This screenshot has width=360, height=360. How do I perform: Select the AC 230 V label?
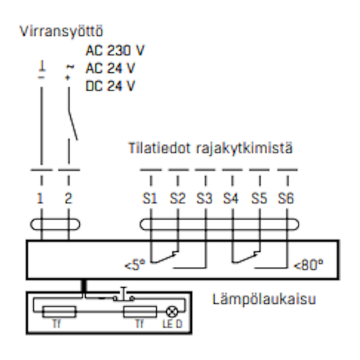click(115, 51)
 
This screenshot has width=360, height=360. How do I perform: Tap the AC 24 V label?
click(111, 68)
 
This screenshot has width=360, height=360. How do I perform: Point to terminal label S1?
click(150, 199)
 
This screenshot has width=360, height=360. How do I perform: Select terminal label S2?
click(178, 199)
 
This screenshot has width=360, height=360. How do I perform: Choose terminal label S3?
click(205, 199)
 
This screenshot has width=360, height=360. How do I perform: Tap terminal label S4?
click(232, 199)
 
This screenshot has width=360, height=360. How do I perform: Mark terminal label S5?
click(260, 199)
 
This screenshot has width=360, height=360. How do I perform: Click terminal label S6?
click(288, 199)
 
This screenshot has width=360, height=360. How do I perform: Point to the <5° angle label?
click(136, 264)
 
